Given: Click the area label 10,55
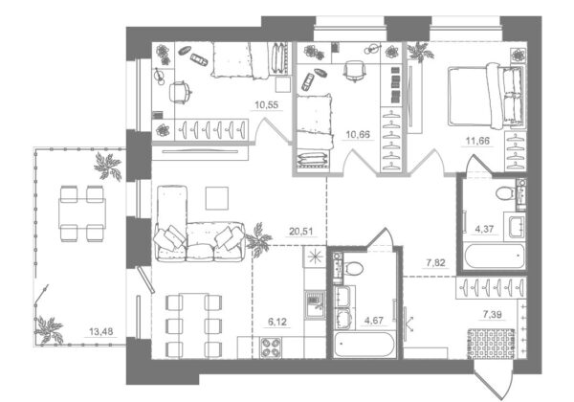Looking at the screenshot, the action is pyautogui.click(x=267, y=105).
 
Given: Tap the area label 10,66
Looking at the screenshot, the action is pyautogui.click(x=358, y=134).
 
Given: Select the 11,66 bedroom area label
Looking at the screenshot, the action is pyautogui.click(x=477, y=141).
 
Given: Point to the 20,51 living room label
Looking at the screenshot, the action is pyautogui.click(x=301, y=232).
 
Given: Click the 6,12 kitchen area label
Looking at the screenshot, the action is pyautogui.click(x=277, y=322).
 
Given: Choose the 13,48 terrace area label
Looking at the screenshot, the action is pyautogui.click(x=101, y=332).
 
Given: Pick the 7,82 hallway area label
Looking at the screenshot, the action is pyautogui.click(x=435, y=262).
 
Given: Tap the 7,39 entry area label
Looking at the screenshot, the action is pyautogui.click(x=493, y=314).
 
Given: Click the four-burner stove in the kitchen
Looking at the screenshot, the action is pyautogui.click(x=271, y=347).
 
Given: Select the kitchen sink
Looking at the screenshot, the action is pyautogui.click(x=315, y=305).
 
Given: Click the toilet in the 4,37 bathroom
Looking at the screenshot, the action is pyautogui.click(x=506, y=193).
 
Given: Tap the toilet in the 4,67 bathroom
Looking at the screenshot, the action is pyautogui.click(x=353, y=268).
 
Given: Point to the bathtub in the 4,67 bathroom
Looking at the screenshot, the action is pyautogui.click(x=364, y=345).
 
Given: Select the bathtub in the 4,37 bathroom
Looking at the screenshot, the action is pyautogui.click(x=495, y=256).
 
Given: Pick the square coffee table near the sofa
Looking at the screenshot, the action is pyautogui.click(x=217, y=198).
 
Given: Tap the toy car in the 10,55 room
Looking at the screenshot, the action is pyautogui.click(x=198, y=59).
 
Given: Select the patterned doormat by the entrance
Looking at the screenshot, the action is pyautogui.click(x=491, y=344).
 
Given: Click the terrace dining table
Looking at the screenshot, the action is pyautogui.click(x=82, y=213).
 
